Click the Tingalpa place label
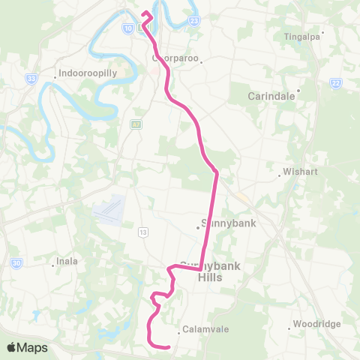303,35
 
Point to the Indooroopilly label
82,75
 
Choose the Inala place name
67,262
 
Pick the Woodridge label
316,324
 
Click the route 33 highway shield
31,77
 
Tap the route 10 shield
128,28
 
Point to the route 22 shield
334,82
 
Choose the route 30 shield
16,262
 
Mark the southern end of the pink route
169,346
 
